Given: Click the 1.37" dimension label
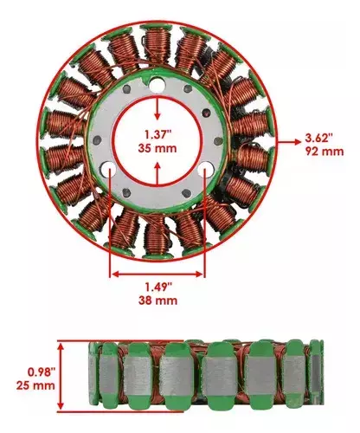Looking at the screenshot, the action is (x=157, y=134).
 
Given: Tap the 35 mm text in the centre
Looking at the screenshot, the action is (x=157, y=148).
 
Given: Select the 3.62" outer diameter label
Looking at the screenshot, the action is (x=319, y=138).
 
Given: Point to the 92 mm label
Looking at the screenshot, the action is (x=325, y=152).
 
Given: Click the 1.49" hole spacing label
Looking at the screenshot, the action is (x=158, y=287).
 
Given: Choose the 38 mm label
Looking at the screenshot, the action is (x=157, y=301).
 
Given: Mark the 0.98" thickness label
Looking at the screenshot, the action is (x=41, y=372).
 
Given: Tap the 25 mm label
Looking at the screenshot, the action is (x=35, y=385).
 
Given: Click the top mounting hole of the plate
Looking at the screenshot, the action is (x=157, y=86).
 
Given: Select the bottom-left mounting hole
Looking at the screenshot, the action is (x=109, y=168).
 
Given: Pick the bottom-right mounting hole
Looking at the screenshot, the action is (x=206, y=168).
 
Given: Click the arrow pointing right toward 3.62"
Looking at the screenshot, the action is (x=289, y=141).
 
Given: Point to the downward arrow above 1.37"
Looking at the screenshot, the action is (x=157, y=108).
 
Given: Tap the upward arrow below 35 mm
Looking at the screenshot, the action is (x=157, y=173).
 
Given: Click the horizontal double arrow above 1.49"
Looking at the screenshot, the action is (x=157, y=275).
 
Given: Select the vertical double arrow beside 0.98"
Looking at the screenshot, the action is (x=61, y=377).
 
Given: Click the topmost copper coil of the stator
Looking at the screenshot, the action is (x=157, y=43).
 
